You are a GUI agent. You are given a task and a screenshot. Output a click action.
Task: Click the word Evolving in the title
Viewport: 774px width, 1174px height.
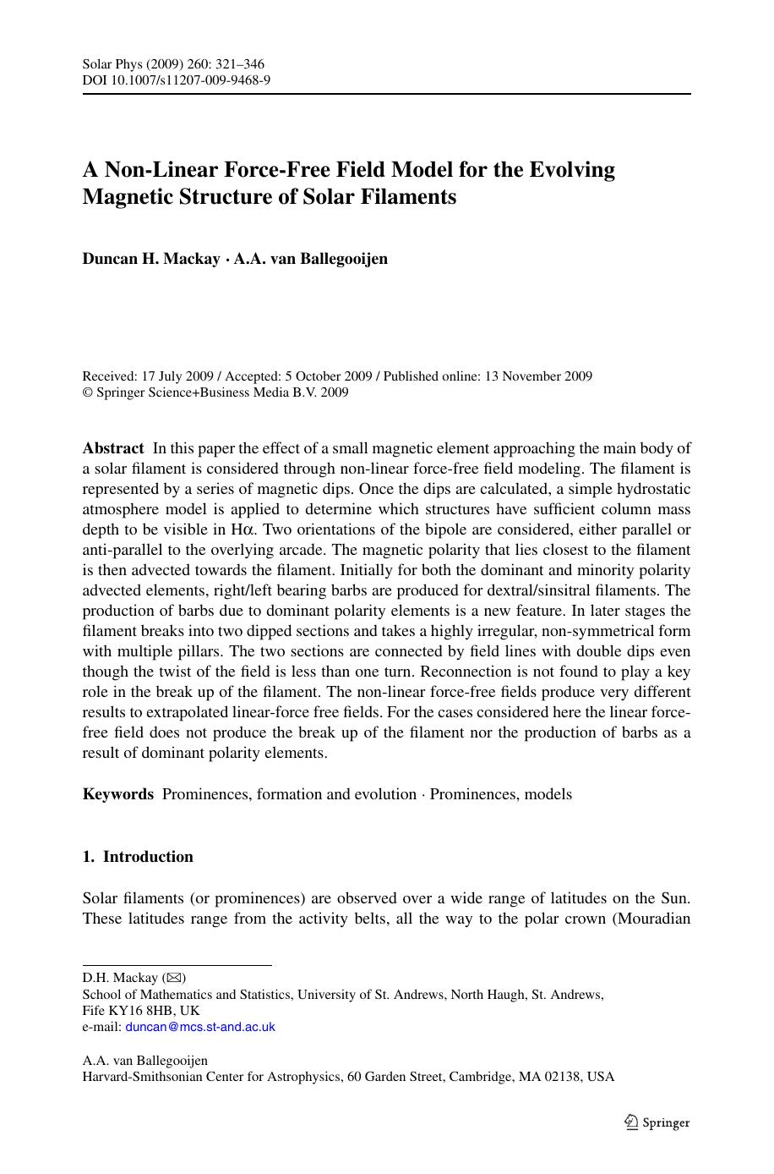tap(572, 169)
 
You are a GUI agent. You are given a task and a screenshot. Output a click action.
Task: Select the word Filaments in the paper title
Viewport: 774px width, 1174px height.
tap(414, 196)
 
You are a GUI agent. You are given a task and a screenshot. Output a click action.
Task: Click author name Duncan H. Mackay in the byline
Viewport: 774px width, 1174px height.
tap(150, 259)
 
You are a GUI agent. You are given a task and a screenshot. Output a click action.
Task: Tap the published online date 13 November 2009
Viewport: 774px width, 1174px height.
tap(537, 376)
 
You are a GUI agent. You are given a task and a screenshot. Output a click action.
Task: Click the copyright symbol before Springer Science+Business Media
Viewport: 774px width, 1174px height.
tap(87, 392)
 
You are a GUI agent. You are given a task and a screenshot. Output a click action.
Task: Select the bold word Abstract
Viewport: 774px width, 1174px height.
tap(113, 448)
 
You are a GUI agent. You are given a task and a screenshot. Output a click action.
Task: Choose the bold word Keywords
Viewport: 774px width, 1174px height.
tap(117, 794)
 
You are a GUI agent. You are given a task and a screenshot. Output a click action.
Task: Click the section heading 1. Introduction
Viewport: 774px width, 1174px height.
tap(138, 857)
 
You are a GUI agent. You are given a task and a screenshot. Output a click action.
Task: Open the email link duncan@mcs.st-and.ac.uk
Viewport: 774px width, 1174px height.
tap(200, 1027)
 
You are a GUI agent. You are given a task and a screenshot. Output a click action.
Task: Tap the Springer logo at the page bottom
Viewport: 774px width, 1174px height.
tap(657, 1122)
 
